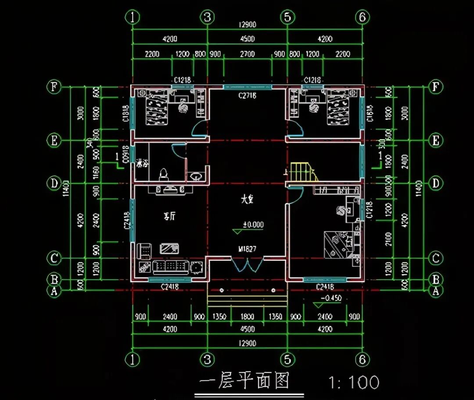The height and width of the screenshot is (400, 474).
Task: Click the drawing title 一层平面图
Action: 244,381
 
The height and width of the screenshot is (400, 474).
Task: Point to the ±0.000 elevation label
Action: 253,225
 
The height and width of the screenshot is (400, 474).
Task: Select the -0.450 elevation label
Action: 331,299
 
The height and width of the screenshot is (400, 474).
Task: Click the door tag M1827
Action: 248,249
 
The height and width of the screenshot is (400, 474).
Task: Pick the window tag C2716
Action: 247,95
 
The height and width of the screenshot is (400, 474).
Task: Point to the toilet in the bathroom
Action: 163,174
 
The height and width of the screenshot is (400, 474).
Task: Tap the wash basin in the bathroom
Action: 196,176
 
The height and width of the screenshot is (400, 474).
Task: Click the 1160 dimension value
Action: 96,170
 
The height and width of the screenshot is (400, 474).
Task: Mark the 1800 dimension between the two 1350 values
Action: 247,317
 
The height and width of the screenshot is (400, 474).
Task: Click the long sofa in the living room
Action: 171,266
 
